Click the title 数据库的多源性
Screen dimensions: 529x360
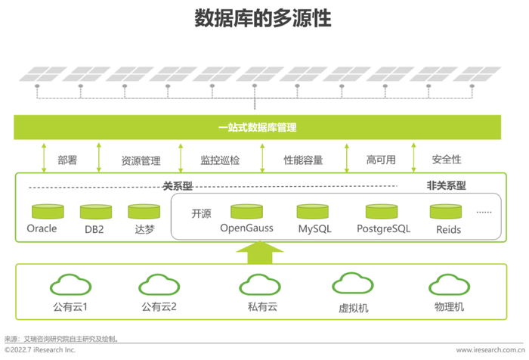[263, 18]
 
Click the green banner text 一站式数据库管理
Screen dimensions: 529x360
[258, 127]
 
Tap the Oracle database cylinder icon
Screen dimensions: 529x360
[48, 211]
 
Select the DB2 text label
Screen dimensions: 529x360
[94, 229]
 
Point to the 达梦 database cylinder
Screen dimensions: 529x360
[144, 211]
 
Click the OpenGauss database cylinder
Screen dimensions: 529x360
[246, 211]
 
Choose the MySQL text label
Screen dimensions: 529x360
[315, 229]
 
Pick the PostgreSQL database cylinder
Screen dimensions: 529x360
[382, 211]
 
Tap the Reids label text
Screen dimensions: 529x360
[448, 230]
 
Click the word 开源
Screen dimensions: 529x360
[202, 213]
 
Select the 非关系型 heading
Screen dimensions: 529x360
[447, 185]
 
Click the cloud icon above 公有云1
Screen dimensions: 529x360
[70, 284]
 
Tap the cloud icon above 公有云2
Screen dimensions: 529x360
[159, 284]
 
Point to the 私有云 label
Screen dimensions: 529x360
[262, 306]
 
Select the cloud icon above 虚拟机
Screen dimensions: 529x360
[353, 284]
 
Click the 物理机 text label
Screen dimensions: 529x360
[449, 306]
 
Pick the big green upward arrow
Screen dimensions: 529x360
[260, 253]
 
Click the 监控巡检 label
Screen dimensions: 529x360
[220, 160]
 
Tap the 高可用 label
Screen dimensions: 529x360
[381, 160]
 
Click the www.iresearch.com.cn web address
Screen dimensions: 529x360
[490, 350]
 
